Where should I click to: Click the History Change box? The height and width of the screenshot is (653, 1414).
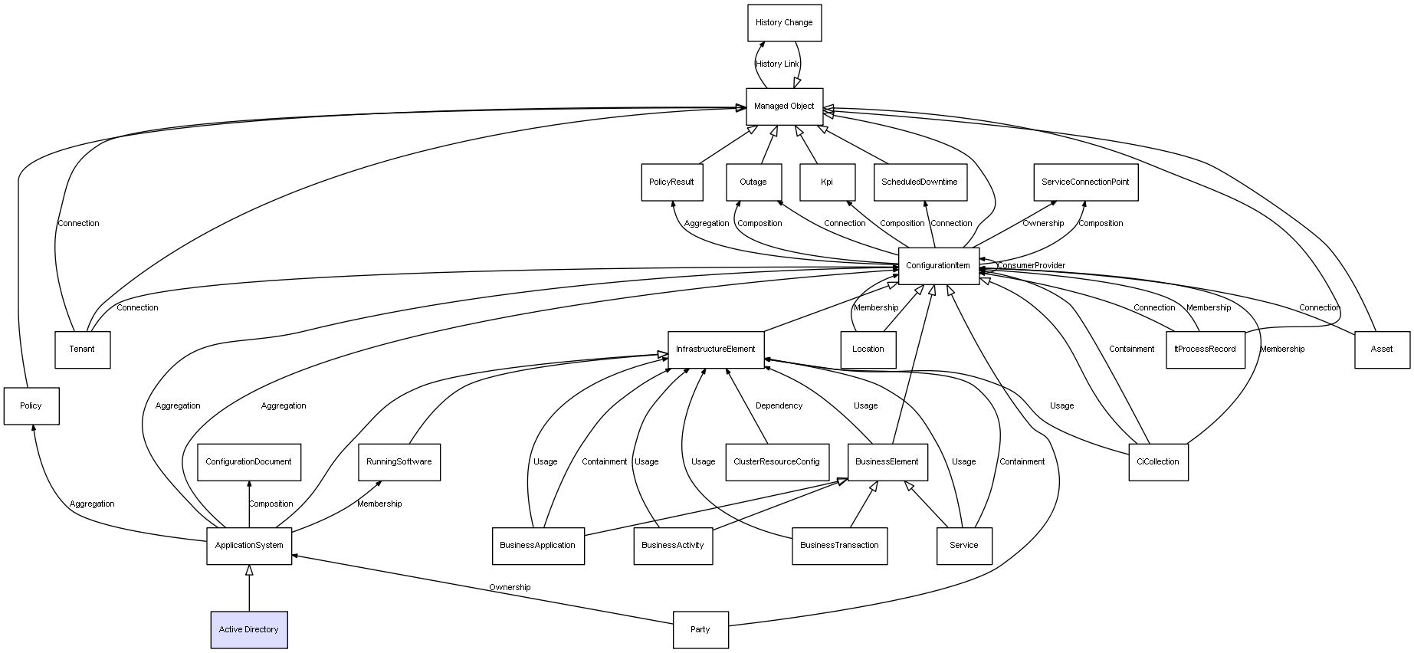click(784, 23)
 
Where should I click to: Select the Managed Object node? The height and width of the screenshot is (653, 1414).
click(784, 107)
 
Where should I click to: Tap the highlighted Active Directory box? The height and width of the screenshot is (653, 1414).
click(249, 630)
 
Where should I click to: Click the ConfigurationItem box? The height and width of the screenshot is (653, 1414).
click(938, 266)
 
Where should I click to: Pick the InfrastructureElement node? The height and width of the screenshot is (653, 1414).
click(715, 349)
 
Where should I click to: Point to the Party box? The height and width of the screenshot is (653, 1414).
click(700, 630)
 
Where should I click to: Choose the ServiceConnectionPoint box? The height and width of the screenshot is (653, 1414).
click(1084, 182)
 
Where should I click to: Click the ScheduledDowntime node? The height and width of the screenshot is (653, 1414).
click(920, 182)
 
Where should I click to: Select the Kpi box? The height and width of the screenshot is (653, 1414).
click(826, 182)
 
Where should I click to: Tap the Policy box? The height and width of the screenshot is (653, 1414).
click(31, 406)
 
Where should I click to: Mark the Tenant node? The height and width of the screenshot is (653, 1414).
click(82, 349)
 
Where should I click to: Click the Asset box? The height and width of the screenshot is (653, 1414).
click(1381, 349)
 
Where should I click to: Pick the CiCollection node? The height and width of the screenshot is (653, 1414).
click(1158, 462)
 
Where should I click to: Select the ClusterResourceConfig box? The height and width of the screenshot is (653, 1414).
click(776, 462)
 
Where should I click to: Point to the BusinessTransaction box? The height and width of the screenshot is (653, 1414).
click(839, 546)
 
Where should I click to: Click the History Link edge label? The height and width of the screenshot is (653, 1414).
click(777, 64)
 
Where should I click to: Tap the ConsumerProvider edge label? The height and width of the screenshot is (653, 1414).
click(1031, 266)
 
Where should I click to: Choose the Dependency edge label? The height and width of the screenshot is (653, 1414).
click(779, 406)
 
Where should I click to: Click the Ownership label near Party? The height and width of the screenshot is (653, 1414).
click(510, 588)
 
